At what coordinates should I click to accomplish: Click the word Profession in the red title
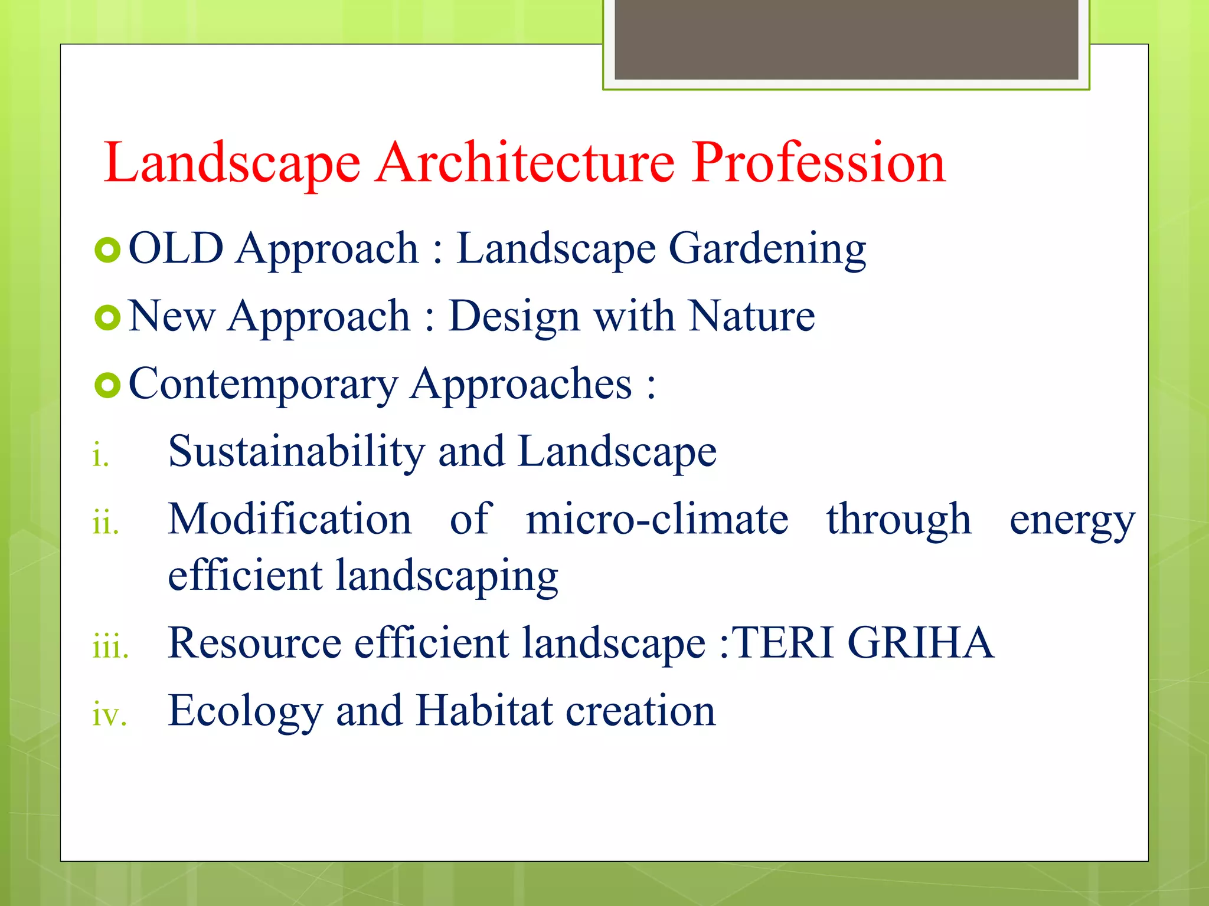tap(819, 163)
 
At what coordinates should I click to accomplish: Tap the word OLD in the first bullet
tap(176, 248)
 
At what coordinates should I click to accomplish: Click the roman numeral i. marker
tap(101, 456)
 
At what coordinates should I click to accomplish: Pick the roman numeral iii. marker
tap(110, 646)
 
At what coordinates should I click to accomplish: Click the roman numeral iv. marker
tap(110, 714)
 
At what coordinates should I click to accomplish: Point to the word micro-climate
tap(656, 520)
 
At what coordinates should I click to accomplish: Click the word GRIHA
tap(920, 643)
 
